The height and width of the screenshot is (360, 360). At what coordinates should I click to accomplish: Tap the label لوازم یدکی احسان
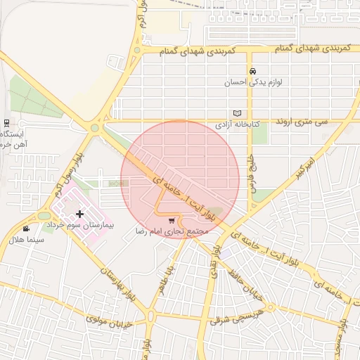tap(253, 82)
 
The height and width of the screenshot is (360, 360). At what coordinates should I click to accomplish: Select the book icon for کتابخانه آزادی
tap(238, 113)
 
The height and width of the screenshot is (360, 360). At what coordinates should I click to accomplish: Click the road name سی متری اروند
tap(302, 122)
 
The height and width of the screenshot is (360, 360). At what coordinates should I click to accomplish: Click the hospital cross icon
tap(79, 214)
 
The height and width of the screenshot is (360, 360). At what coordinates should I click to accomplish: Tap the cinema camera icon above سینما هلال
tap(26, 229)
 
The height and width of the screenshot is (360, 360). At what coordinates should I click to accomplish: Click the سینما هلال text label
tap(26, 240)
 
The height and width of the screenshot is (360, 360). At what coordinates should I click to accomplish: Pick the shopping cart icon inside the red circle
tap(172, 220)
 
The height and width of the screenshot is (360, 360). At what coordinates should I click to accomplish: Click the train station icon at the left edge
tap(6, 122)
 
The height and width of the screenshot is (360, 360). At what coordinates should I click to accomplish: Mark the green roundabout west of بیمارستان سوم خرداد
tap(44, 216)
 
